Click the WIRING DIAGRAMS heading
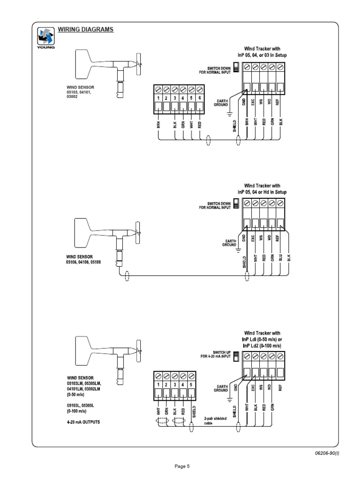pos(85,30)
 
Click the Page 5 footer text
pos(181,466)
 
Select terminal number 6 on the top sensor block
pos(200,98)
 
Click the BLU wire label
pos(281,257)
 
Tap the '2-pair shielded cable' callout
pos(214,420)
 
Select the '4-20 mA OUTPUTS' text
pos(83,422)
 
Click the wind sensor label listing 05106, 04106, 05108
pos(83,259)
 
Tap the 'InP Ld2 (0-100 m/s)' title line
pos(263,345)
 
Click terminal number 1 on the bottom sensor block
pos(158,384)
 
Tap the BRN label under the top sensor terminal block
pos(158,126)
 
